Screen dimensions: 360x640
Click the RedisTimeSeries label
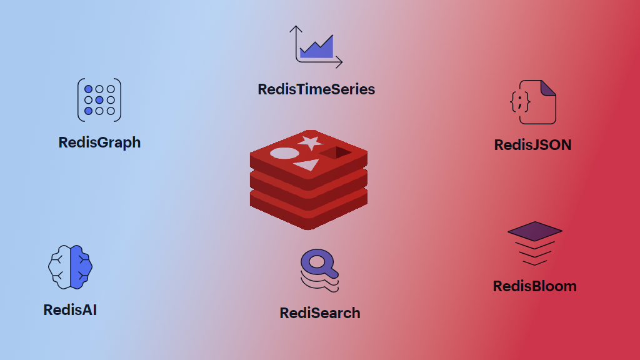316,89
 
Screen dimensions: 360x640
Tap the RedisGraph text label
99,142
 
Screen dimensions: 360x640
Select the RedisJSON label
532,145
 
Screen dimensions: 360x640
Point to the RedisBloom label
534,286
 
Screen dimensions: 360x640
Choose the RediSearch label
319,313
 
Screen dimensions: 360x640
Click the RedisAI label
70,310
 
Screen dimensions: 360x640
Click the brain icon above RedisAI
71,267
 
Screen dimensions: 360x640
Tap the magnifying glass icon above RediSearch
319,269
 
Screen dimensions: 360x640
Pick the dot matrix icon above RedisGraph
99,100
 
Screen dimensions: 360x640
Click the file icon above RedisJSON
532,102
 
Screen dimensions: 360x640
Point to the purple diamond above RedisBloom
534,231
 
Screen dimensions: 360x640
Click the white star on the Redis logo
310,142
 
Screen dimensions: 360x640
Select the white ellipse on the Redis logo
284,153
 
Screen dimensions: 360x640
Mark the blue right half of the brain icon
81,267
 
